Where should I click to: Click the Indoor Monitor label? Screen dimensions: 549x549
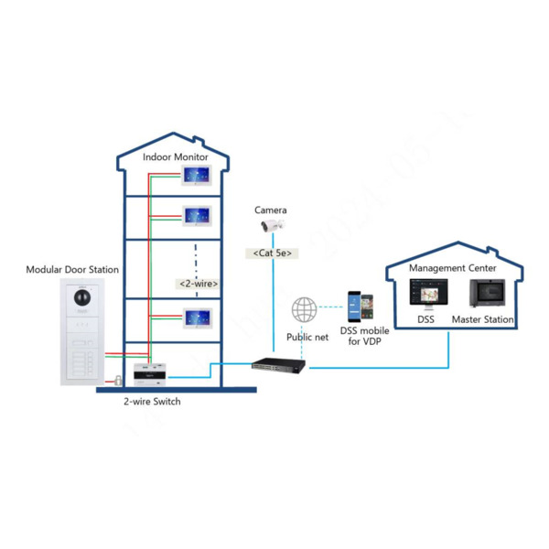pos(176,157)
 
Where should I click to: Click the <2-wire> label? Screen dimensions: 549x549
pos(198,284)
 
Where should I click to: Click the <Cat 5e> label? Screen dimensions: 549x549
pos(272,253)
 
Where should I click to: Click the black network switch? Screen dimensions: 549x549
pos(278,366)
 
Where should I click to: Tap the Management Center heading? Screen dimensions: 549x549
pos(452,268)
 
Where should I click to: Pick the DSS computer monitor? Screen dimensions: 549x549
pos(426,293)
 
